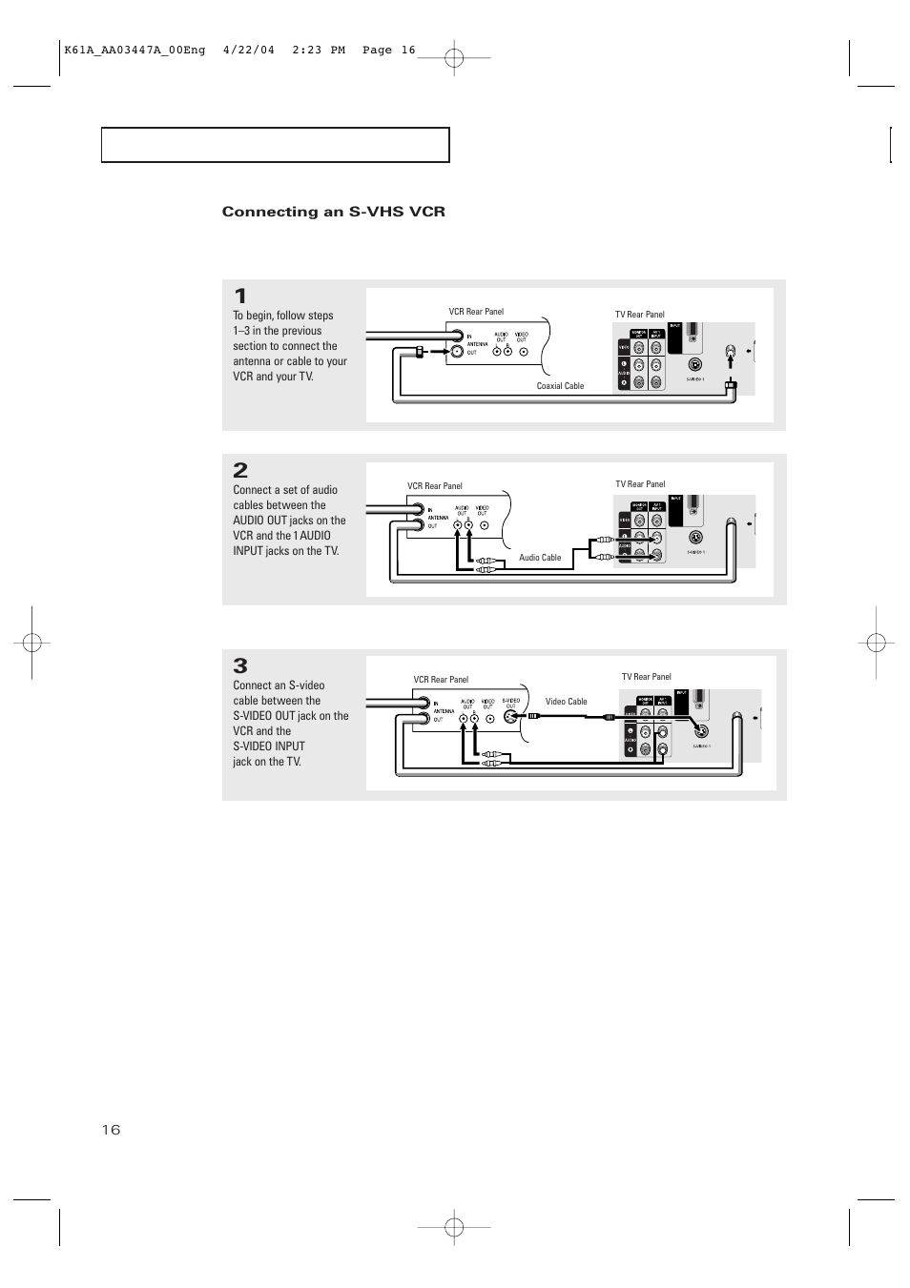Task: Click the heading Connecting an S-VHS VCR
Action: [333, 212]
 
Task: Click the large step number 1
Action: [240, 296]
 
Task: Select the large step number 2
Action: [240, 470]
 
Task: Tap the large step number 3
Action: [240, 665]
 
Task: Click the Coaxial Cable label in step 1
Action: [560, 386]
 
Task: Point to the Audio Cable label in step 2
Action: [540, 558]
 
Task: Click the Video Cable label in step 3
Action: [566, 702]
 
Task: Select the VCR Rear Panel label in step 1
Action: [476, 312]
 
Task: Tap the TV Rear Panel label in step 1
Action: [639, 315]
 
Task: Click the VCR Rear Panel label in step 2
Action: [434, 486]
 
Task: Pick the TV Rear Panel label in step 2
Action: [640, 484]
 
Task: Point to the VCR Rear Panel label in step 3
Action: [441, 680]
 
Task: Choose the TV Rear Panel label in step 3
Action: [647, 677]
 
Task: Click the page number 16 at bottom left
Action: [111, 1130]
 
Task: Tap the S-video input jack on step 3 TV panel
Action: [702, 731]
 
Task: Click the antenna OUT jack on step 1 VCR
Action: [457, 352]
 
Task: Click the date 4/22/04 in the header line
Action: [248, 51]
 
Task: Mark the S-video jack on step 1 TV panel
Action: [695, 363]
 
